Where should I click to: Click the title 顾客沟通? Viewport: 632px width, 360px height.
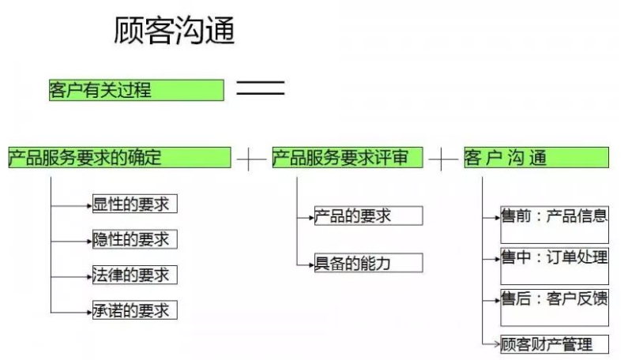click(x=175, y=31)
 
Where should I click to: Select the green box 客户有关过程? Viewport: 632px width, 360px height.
click(x=136, y=90)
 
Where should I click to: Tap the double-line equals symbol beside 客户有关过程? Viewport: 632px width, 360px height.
click(x=260, y=88)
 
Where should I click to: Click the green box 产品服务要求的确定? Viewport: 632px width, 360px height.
click(x=119, y=157)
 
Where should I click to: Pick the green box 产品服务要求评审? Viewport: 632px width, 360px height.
click(x=347, y=157)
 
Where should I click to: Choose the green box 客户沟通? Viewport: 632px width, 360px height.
click(x=536, y=157)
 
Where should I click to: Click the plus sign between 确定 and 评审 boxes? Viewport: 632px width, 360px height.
click(x=251, y=159)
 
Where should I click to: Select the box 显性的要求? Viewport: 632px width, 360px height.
click(x=134, y=204)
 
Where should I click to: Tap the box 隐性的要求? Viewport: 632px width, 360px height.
click(x=134, y=239)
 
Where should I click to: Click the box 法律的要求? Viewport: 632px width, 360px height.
click(x=134, y=275)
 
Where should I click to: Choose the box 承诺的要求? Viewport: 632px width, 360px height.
click(x=134, y=310)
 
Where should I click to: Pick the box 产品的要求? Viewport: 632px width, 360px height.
click(x=368, y=216)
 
